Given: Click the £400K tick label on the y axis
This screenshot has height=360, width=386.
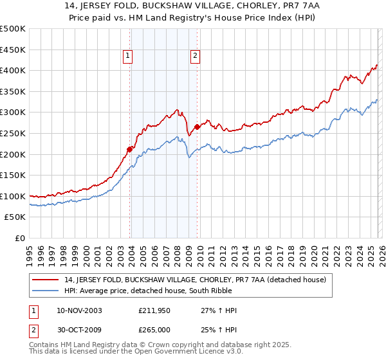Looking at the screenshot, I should [13, 70].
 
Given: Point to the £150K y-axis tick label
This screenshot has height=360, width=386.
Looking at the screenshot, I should [13, 175].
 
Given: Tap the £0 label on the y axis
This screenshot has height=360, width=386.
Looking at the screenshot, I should [19, 238].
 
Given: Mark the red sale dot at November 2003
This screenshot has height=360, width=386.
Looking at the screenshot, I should [130, 149].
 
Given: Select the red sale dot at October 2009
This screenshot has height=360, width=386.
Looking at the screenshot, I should [197, 127].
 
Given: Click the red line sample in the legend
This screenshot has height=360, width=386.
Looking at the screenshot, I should [46, 280].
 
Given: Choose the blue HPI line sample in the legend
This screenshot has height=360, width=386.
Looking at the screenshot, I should [46, 291].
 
